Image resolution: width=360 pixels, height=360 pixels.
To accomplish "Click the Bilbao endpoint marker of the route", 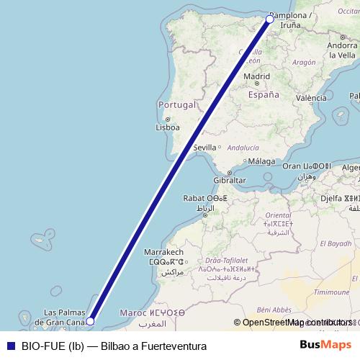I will (270, 19).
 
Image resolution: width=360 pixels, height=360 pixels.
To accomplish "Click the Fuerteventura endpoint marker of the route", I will (90, 321).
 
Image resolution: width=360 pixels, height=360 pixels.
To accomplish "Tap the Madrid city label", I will (256, 76).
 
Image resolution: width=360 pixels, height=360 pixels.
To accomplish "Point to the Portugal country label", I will (176, 104).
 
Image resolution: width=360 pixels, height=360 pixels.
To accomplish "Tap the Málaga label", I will (266, 161).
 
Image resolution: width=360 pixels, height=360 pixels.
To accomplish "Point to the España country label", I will (263, 94).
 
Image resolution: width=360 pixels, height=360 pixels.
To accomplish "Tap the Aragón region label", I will (304, 63).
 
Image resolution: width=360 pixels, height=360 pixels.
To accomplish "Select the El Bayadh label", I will (337, 244).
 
